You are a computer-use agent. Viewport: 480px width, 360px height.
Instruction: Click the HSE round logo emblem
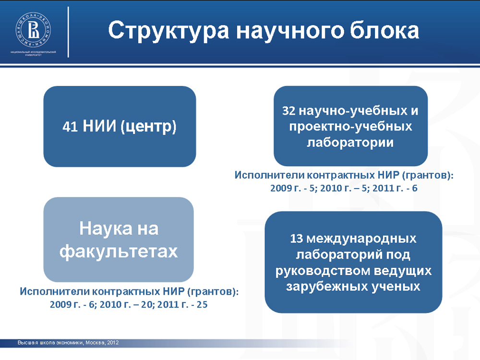point(33,30)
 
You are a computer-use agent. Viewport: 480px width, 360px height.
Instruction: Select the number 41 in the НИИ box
point(70,126)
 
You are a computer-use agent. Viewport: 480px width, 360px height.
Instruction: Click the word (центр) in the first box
point(148,126)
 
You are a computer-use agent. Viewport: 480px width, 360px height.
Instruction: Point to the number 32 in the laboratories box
point(288,111)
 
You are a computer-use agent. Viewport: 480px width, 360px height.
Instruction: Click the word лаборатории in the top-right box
point(350,143)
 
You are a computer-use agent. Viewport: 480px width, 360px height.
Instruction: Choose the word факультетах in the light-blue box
point(119,252)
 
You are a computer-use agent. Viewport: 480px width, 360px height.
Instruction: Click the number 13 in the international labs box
point(296,239)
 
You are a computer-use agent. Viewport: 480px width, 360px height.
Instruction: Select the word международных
point(361,239)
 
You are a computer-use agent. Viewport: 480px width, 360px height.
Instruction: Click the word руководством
point(323,271)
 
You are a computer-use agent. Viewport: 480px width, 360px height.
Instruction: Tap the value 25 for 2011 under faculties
point(202,305)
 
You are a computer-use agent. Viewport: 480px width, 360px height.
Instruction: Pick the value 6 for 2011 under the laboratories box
point(415,188)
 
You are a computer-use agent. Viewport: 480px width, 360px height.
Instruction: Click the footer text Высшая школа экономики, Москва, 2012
point(68,343)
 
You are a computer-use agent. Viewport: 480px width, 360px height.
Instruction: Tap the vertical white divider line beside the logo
point(68,32)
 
